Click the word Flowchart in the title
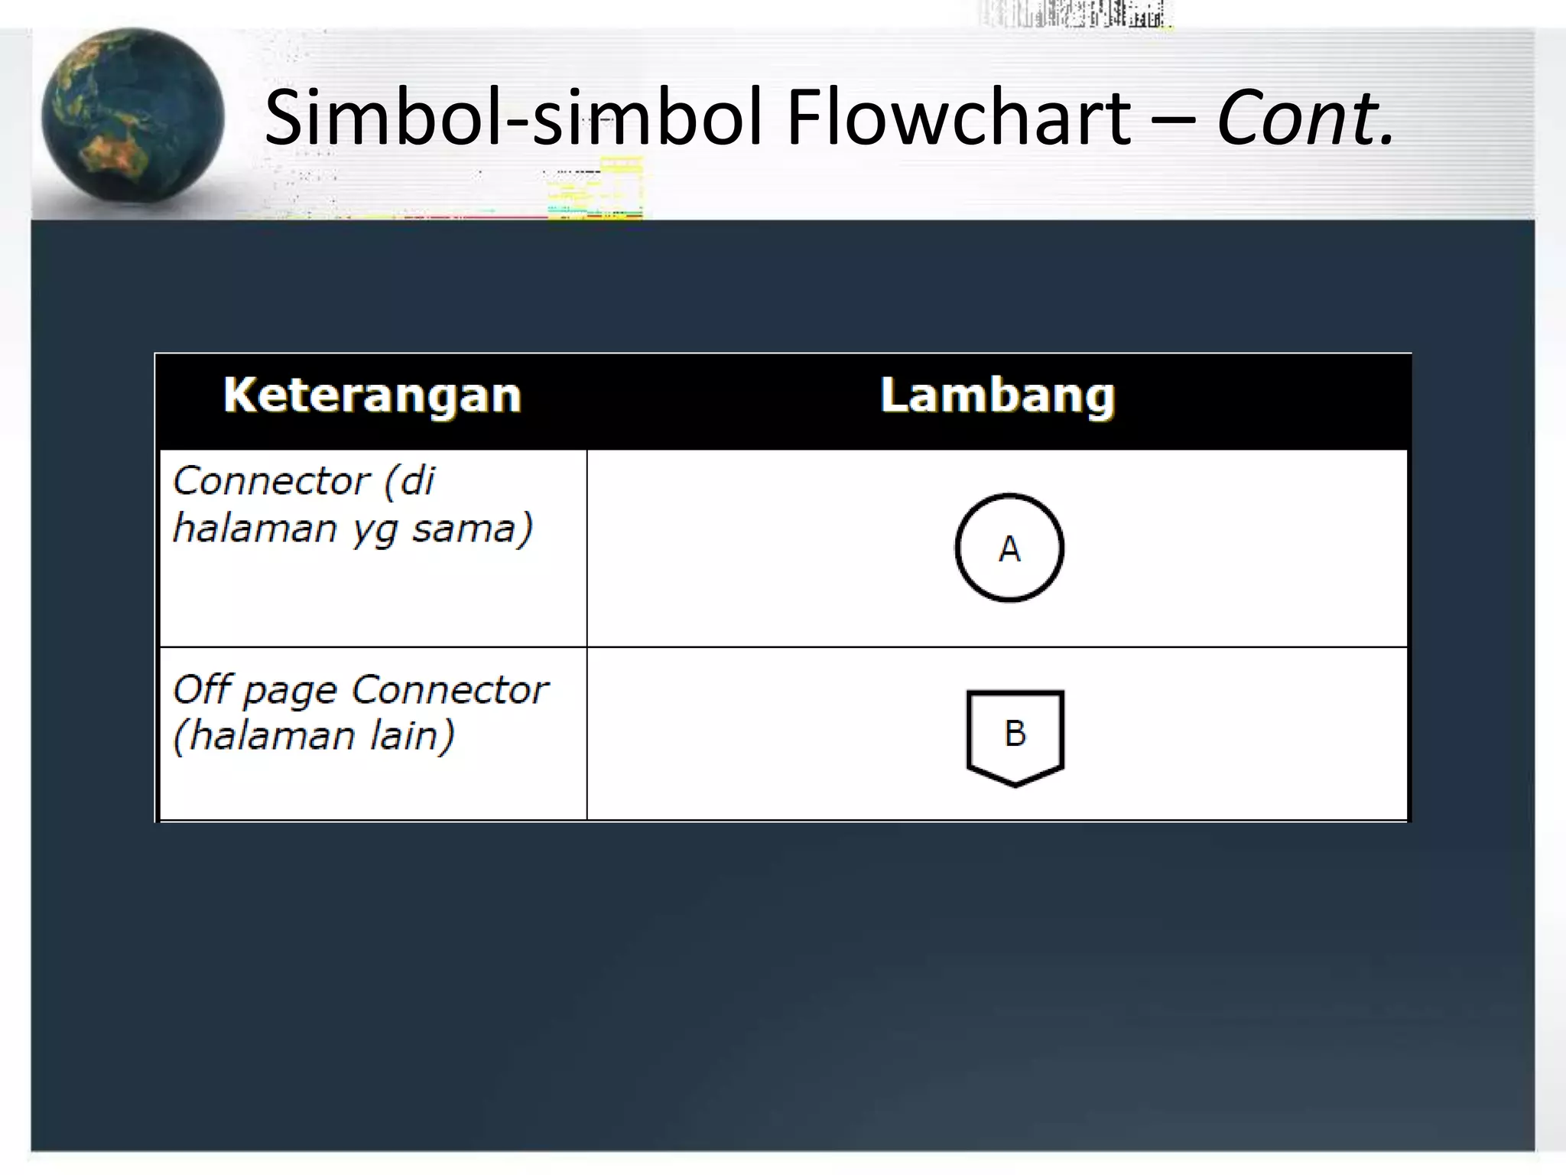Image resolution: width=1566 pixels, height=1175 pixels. click(958, 118)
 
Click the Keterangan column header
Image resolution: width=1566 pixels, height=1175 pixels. click(372, 396)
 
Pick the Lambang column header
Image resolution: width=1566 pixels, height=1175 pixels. click(997, 396)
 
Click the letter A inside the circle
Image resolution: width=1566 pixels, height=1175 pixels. click(1009, 549)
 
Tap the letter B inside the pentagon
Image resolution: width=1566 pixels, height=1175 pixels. click(1015, 734)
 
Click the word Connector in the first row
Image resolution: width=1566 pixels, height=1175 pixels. click(271, 481)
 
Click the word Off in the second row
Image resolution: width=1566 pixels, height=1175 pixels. click(201, 688)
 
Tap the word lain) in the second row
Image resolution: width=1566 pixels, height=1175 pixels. click(413, 736)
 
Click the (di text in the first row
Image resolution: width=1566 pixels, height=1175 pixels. click(409, 481)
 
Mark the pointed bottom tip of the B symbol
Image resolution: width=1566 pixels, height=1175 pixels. click(1015, 784)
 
